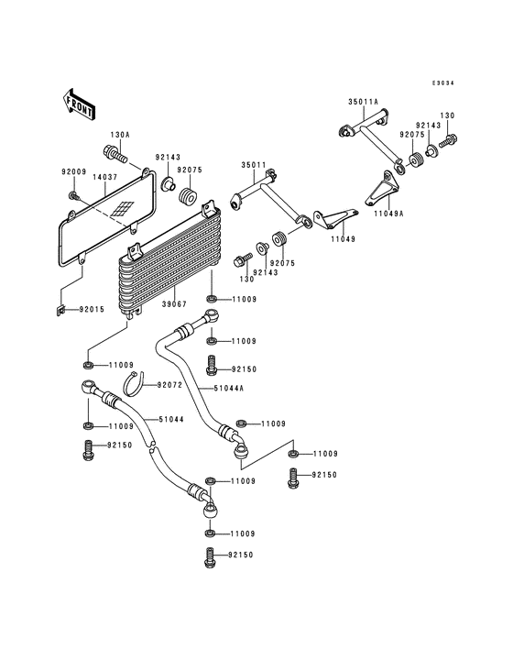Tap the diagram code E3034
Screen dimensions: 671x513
tap(444, 83)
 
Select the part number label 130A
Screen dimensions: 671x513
tap(120, 135)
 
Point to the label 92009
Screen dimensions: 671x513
tap(73, 170)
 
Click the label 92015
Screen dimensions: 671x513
tap(91, 310)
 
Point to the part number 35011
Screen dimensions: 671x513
tap(254, 166)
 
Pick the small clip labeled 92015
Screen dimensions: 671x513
tap(59, 308)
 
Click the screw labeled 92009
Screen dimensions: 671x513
tap(72, 194)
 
